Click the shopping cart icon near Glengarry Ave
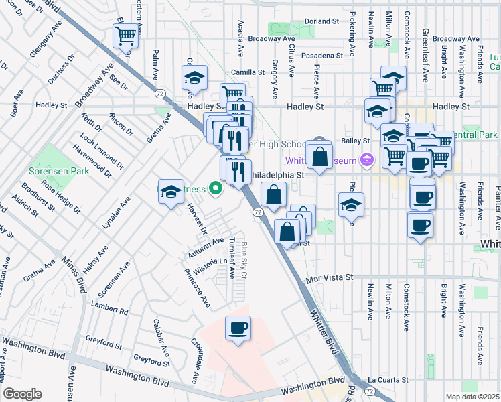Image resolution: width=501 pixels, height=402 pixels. [125, 36]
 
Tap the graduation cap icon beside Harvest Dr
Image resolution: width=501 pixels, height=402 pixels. [171, 192]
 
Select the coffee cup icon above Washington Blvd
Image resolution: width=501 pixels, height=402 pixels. [238, 329]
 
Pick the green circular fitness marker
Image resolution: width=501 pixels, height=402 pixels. [215, 188]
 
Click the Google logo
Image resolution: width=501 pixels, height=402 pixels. [22, 393]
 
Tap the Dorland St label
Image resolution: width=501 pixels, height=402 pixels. [321, 21]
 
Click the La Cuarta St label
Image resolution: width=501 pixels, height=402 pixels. [387, 379]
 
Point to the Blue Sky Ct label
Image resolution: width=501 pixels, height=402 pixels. [245, 260]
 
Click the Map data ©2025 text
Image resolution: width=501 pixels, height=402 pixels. [472, 396]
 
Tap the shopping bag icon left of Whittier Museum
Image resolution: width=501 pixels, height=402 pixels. [321, 157]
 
